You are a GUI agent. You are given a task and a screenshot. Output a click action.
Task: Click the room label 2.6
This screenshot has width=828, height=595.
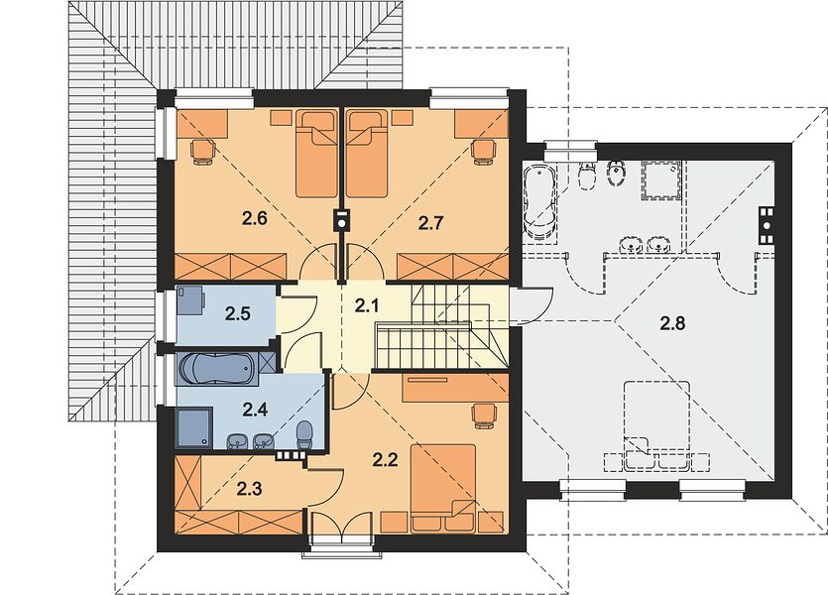tap(256, 218)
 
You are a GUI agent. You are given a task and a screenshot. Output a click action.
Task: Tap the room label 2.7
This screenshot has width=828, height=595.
tap(430, 223)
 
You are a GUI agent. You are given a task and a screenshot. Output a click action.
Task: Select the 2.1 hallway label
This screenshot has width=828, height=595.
tap(367, 305)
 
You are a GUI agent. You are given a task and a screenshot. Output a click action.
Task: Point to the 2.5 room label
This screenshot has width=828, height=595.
tap(238, 313)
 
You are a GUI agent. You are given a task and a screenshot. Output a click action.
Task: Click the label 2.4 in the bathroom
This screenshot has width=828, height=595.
tap(255, 409)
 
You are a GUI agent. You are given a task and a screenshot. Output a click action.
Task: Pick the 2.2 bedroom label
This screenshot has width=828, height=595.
tap(385, 460)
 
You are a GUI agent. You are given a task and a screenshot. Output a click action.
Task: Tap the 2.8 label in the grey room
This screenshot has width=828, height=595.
tap(672, 322)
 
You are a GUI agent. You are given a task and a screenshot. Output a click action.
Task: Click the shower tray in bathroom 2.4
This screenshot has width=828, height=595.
tap(195, 428)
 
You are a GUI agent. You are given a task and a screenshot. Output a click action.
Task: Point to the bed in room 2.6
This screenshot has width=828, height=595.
tap(315, 153)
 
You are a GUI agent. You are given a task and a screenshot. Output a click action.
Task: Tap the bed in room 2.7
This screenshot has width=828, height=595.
tap(367, 153)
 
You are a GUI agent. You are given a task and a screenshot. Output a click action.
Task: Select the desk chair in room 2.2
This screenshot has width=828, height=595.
tap(485, 415)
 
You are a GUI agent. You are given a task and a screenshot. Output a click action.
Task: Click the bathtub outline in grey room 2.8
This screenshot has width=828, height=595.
tap(538, 202)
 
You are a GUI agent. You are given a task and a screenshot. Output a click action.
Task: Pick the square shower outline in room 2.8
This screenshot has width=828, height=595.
tap(660, 180)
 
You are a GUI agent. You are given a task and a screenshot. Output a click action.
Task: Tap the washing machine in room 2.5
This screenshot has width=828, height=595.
tap(190, 299)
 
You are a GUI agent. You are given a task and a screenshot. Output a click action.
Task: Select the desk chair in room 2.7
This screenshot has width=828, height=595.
tap(484, 151)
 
